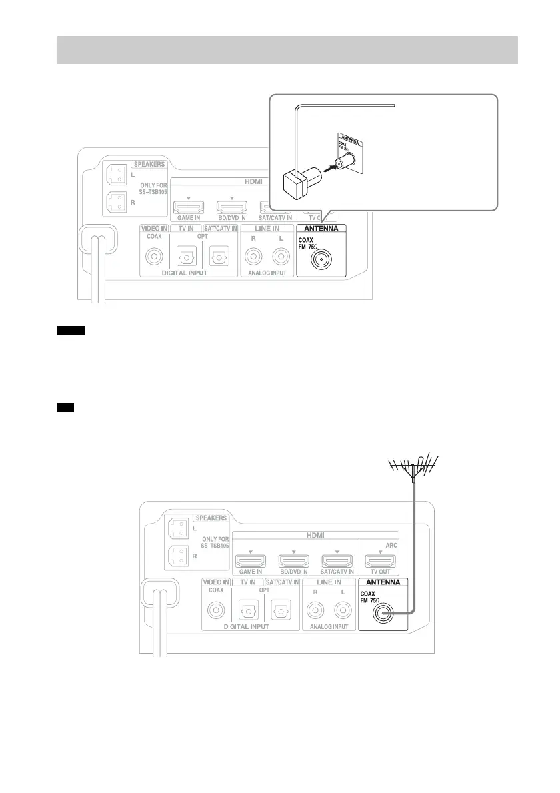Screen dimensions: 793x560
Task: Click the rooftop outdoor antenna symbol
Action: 414,466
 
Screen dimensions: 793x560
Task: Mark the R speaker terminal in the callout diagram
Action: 116,201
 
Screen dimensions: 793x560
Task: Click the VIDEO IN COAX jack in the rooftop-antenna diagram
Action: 215,610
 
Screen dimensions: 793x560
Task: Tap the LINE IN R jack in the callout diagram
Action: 252,256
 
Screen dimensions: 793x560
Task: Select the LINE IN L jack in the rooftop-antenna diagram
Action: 343,610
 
